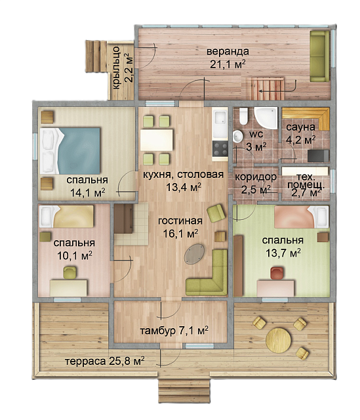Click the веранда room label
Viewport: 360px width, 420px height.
pos(228,51)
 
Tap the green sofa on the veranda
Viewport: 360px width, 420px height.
pos(319,56)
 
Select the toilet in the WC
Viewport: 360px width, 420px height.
pos(243,116)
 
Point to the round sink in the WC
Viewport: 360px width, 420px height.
pos(237,136)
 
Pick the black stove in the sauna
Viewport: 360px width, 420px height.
pos(318,156)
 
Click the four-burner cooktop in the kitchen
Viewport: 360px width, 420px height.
pos(220,150)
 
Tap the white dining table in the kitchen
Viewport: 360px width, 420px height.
pos(157,140)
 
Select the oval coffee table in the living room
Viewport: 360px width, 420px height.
pos(194,254)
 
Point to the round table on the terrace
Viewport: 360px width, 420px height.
pos(279,340)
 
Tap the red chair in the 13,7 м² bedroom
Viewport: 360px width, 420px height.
pos(276,273)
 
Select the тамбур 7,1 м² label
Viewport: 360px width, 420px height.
pos(174,331)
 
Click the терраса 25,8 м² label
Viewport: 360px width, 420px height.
pos(105,361)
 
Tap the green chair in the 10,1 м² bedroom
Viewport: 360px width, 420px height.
pos(70,273)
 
